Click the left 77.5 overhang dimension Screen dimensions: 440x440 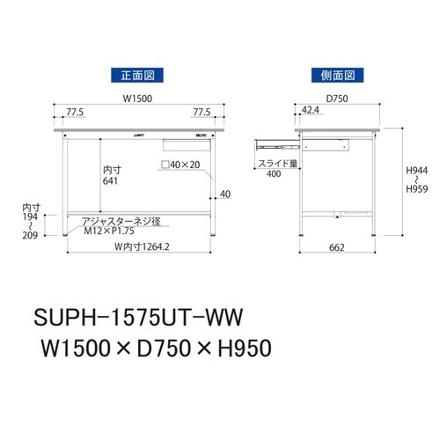(x=76, y=113)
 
